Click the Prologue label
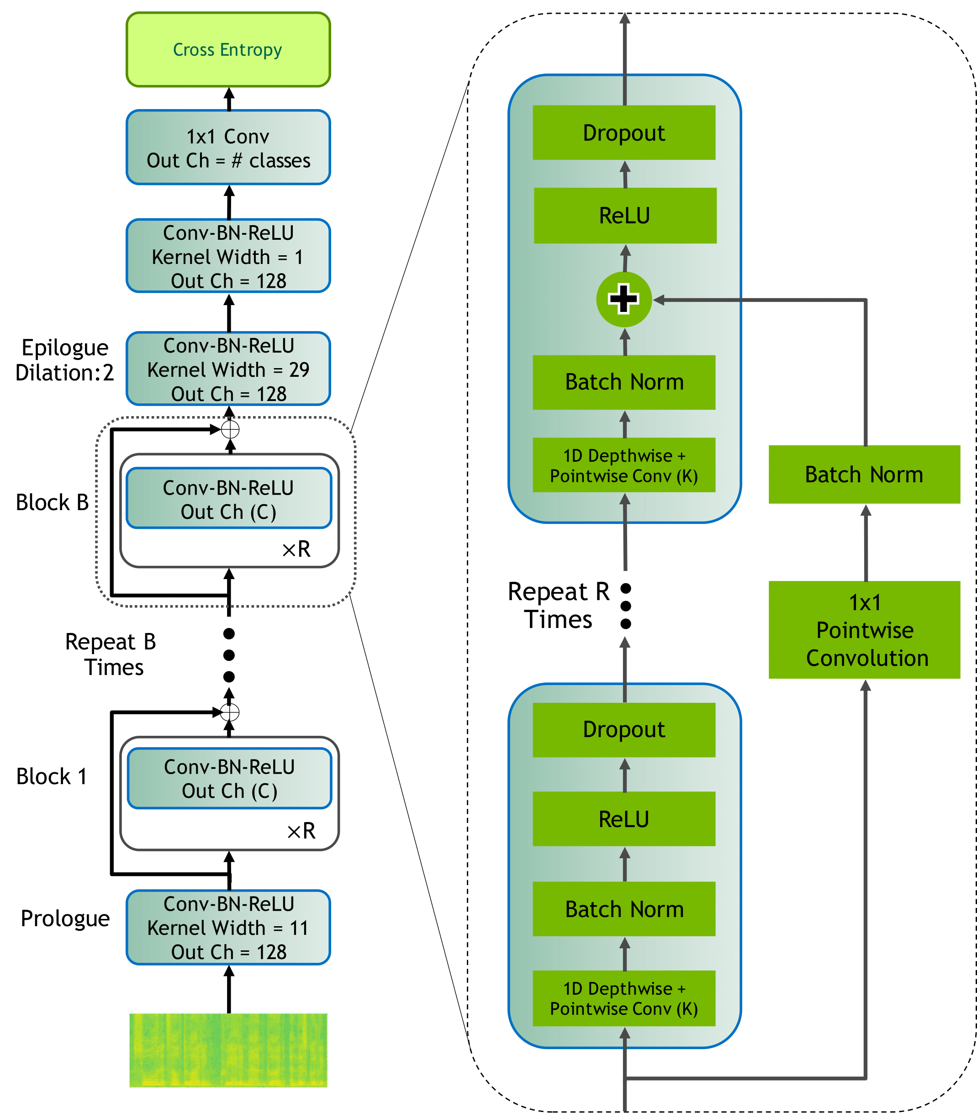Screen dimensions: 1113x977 (x=65, y=918)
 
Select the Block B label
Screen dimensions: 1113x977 (x=52, y=502)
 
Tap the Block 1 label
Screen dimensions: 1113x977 (x=52, y=776)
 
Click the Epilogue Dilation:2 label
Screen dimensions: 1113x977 (x=64, y=360)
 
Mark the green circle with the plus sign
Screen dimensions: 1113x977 (x=623, y=299)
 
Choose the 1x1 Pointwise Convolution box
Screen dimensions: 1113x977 (x=864, y=630)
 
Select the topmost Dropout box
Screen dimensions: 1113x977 (x=623, y=133)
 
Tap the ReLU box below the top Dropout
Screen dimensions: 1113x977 (x=625, y=216)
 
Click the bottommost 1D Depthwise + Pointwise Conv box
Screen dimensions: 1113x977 (x=623, y=999)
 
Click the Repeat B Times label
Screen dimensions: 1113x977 (x=111, y=654)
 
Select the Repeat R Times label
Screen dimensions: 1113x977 (x=558, y=606)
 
